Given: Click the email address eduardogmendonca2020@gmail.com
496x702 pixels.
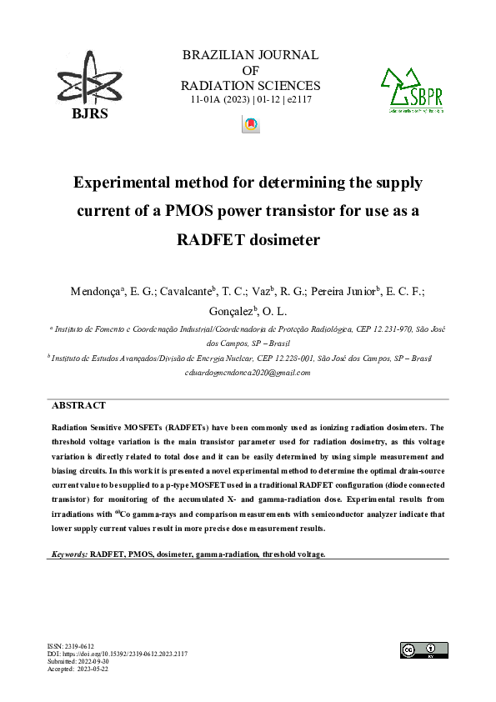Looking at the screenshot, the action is click(248, 373).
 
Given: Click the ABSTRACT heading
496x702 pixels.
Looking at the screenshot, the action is click(79, 405).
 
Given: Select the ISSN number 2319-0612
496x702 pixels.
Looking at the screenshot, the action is click(82, 646).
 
